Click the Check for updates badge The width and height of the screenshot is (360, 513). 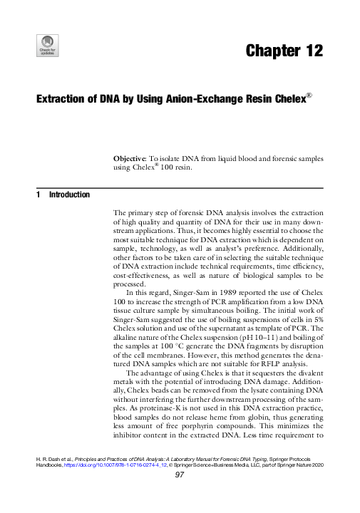(x=46, y=45)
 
